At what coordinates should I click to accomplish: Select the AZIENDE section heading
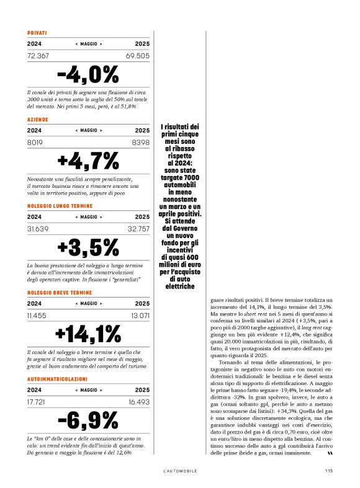(37, 119)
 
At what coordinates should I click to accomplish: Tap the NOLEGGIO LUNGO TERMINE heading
(60, 205)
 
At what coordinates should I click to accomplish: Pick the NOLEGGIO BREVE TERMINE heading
(60, 292)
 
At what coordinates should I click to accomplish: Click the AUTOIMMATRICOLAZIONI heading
(57, 378)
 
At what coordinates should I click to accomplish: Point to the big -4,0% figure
(88, 74)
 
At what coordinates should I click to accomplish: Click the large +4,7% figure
(88, 161)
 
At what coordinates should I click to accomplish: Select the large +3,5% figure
(88, 247)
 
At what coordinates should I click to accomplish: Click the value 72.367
(38, 56)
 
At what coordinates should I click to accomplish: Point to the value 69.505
(138, 56)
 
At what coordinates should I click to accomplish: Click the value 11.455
(37, 316)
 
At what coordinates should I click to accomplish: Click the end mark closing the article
(330, 453)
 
